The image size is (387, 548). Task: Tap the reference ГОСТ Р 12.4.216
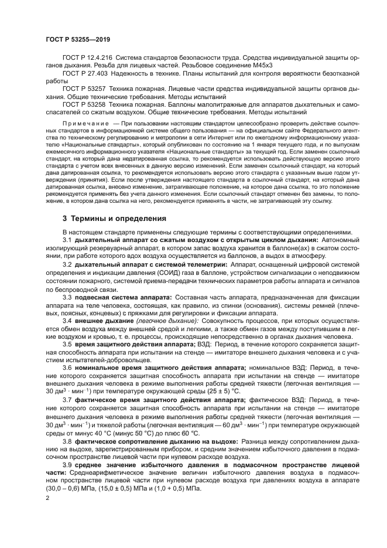87,58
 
